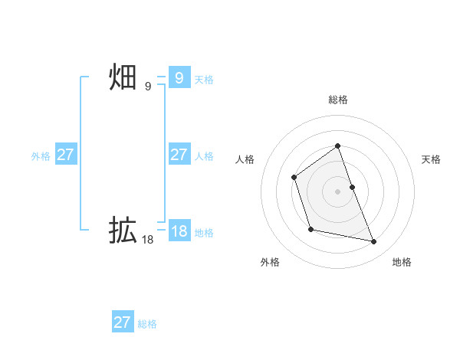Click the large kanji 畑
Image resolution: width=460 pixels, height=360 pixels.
[123, 77]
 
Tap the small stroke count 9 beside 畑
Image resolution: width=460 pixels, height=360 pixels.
[148, 87]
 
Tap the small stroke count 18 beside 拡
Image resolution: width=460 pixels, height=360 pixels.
[147, 240]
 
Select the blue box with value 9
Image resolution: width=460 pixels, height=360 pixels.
[179, 78]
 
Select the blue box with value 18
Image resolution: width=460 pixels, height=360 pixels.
[179, 231]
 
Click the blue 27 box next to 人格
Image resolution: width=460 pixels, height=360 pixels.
[179, 155]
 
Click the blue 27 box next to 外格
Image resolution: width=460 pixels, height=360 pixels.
[65, 155]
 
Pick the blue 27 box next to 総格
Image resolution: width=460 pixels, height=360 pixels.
[122, 322]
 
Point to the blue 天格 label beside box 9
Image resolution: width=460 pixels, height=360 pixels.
[204, 80]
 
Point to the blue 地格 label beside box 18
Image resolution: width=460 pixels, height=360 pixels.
[204, 233]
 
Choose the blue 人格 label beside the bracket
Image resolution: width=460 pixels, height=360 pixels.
[204, 156]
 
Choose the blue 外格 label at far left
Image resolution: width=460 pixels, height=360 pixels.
[41, 156]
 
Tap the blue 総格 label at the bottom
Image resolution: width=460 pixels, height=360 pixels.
[147, 324]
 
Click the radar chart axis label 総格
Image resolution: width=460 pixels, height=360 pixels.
[337, 100]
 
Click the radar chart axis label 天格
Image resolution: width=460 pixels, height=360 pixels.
[432, 159]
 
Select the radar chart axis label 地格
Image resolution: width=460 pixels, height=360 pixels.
[402, 263]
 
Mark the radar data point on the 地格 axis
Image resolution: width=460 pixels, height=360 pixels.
[374, 242]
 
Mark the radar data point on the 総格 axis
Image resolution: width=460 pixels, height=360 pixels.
[337, 146]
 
